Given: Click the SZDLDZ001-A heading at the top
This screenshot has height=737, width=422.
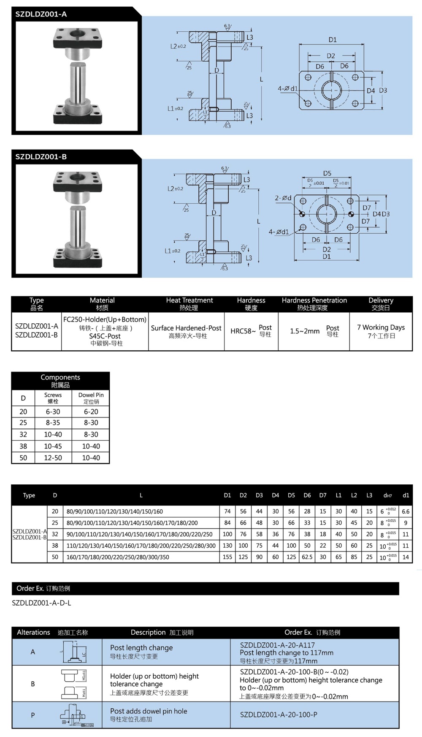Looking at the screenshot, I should (41, 14).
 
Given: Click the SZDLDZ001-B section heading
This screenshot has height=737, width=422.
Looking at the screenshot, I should (41, 157).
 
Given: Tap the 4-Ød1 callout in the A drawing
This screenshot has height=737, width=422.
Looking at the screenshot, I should (287, 89).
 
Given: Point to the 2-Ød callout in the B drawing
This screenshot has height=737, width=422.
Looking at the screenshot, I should (283, 198).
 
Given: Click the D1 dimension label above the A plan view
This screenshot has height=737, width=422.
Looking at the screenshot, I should (333, 40).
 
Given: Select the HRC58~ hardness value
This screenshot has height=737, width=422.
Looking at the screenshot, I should (243, 331).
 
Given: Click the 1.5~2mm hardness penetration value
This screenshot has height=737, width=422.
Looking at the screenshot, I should (304, 331).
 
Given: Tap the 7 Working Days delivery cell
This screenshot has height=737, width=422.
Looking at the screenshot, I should (381, 328).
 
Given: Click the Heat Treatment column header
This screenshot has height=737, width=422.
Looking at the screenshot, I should (189, 300).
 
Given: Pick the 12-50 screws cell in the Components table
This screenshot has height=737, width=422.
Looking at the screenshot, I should (53, 458).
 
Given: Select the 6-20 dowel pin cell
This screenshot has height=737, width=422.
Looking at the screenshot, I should (91, 412).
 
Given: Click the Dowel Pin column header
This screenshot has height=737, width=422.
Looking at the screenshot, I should (91, 395).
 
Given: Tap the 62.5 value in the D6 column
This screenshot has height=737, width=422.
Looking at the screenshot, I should (307, 557).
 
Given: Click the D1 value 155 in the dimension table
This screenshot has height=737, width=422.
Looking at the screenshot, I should (227, 557).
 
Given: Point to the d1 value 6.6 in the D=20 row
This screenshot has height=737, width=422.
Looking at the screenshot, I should (406, 511).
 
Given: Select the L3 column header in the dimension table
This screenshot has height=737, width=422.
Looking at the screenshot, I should (369, 495).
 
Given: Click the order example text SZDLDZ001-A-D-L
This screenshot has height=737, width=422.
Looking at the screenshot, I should (41, 603).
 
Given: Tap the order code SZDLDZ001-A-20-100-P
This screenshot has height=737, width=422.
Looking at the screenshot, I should (279, 715).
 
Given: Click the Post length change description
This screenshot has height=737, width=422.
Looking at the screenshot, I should (141, 648).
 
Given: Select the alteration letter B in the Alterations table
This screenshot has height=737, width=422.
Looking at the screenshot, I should (33, 684).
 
